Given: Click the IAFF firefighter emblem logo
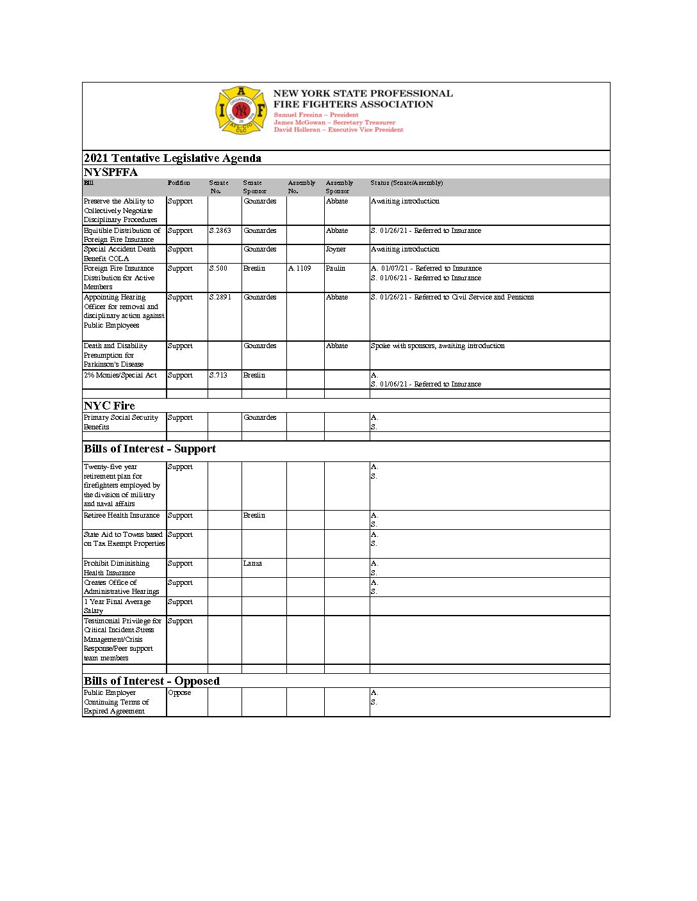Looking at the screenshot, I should coord(240,110).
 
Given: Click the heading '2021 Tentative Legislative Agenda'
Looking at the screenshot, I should coord(172,158).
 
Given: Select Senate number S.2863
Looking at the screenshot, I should coord(220,230).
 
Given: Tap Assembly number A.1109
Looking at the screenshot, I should coord(299,268).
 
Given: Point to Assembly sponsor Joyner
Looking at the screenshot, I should coord(335,249).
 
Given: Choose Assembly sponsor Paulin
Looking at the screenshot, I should coord(335,268).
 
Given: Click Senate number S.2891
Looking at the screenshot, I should coord(220,297).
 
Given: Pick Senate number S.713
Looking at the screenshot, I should coord(218,375).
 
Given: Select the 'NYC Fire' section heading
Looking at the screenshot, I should coord(110,406).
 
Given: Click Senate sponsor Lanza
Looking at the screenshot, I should coord(252,563).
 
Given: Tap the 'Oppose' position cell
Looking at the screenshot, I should coord(179,692).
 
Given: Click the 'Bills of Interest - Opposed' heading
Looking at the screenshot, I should coord(152,681).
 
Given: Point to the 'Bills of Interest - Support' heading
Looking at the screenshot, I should coord(150,449).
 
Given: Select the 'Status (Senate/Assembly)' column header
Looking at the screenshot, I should coord(406,183).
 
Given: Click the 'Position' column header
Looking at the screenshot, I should coord(179,183).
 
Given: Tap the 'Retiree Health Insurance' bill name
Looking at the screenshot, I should coord(122,515).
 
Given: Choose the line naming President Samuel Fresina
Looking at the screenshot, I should coord(316,115).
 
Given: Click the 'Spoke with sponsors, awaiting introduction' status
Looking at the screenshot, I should coord(438,346).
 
